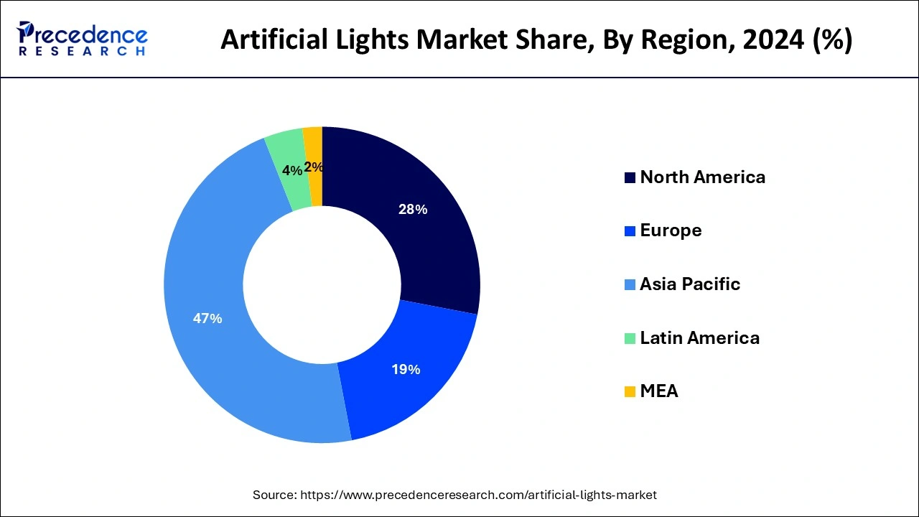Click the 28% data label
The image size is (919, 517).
[413, 210]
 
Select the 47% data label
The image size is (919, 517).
[207, 318]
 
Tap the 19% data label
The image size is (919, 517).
[406, 370]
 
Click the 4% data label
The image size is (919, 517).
[291, 170]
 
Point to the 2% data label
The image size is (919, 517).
[314, 167]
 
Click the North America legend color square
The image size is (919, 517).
[630, 177]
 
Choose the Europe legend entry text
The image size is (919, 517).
[671, 230]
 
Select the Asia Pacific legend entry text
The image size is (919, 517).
[689, 284]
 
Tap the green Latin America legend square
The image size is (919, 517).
[630, 338]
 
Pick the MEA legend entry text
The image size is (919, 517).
[658, 391]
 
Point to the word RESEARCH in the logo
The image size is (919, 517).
[83, 52]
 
